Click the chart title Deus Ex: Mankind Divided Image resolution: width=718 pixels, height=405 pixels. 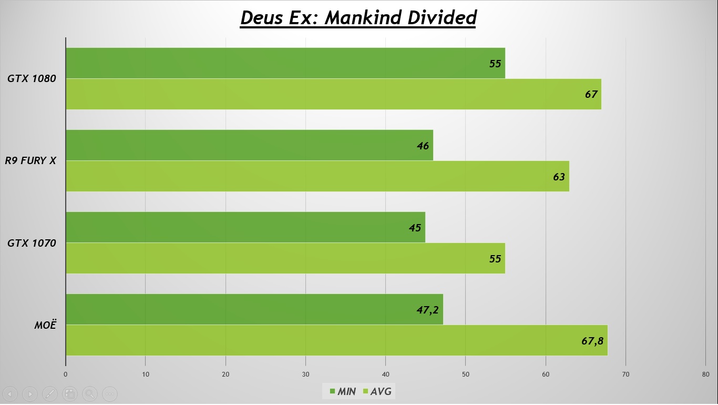pos(358,17)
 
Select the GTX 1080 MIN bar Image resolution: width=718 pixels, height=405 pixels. pos(285,63)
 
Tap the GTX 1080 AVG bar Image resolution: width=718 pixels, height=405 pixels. pos(333,94)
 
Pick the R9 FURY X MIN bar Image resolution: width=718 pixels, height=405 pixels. pos(249,145)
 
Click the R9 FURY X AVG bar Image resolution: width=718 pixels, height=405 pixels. pos(317,176)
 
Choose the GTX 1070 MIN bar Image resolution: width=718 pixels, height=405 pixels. pos(245,227)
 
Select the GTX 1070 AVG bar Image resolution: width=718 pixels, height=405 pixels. pos(285,258)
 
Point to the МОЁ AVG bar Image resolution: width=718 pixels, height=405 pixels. pos(336,340)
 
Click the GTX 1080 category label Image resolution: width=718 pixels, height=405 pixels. pos(32,79)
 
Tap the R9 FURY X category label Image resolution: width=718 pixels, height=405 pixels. pos(30,161)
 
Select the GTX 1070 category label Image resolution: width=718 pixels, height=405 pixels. pos(32,243)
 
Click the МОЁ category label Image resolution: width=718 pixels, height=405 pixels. pos(45,325)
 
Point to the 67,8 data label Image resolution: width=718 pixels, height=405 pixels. pos(592,341)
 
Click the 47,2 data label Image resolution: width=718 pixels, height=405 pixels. pos(427,310)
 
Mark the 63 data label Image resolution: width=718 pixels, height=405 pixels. pos(559,177)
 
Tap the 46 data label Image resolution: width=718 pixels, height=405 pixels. pos(423,146)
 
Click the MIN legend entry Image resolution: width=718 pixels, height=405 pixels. pos(343,391)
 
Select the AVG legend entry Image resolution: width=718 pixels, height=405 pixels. pos(376,391)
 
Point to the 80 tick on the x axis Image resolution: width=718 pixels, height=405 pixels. pos(705,374)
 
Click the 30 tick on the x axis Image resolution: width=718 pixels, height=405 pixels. pos(305,374)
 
